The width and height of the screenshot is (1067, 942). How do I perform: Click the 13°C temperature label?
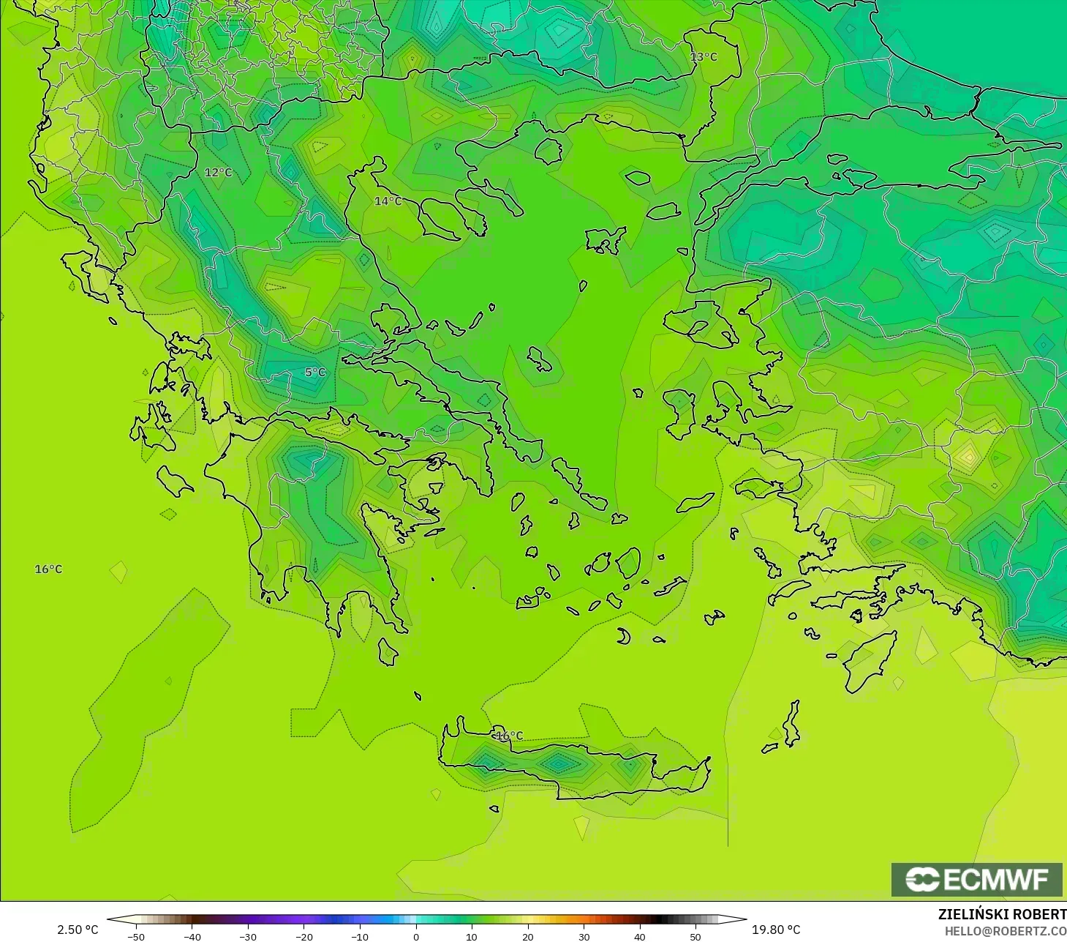[x=704, y=56]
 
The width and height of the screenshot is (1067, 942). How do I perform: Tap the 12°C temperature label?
[x=218, y=173]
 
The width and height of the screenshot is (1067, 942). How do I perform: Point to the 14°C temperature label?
[x=388, y=201]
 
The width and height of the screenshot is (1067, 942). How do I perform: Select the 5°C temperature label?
[x=315, y=373]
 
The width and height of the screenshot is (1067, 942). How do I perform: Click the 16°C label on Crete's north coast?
[x=510, y=736]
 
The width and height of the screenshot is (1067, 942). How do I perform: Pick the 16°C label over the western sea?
[x=48, y=569]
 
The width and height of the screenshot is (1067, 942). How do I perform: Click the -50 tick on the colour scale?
[x=136, y=936]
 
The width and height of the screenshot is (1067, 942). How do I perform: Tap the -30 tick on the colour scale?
[x=248, y=936]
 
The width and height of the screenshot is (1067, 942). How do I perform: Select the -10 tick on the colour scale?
[x=359, y=936]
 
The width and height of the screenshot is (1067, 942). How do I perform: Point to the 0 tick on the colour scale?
[x=416, y=936]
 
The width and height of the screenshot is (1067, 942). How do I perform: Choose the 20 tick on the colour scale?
[x=528, y=936]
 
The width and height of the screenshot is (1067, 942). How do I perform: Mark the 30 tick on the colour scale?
[x=584, y=936]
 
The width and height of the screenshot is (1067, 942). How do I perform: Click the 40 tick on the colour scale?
[x=640, y=936]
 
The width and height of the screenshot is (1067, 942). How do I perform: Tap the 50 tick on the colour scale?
[x=695, y=936]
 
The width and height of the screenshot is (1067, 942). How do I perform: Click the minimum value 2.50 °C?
[x=78, y=930]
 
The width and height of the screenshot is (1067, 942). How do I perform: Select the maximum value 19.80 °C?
[x=776, y=930]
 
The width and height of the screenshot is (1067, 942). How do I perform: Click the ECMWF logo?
[x=976, y=879]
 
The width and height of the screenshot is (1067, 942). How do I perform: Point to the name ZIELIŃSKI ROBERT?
[x=1002, y=914]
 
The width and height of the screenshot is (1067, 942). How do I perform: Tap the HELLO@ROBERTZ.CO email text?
[x=1005, y=931]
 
